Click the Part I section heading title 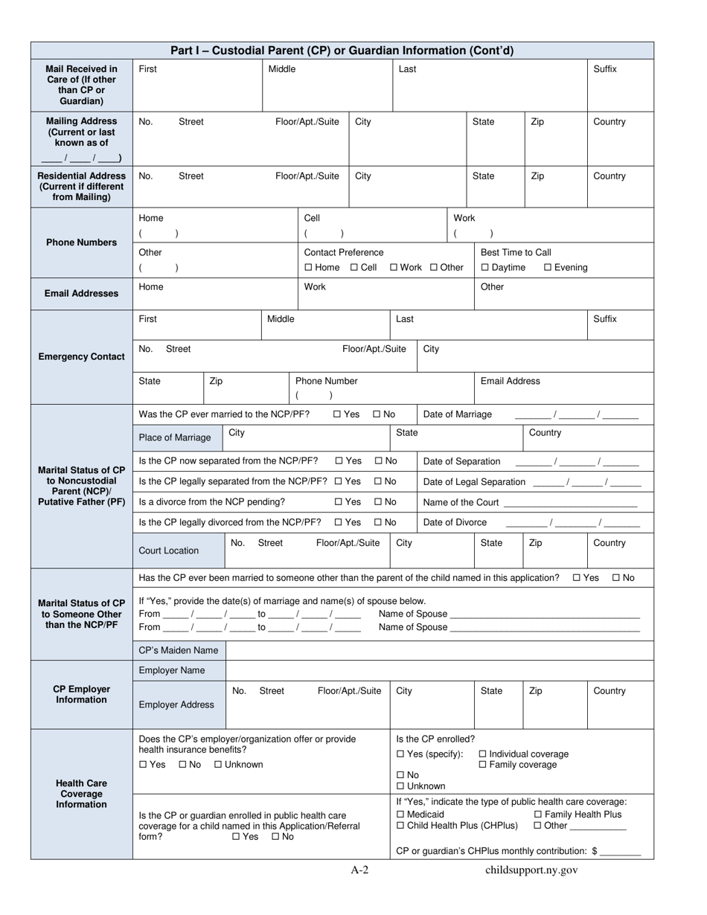342,51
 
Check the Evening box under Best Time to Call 548,268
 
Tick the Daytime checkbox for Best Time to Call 485,268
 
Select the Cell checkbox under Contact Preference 354,268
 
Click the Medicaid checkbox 401,815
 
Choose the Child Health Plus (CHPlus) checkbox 401,826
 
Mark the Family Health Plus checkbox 538,815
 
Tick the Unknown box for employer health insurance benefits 218,765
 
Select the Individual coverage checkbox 482,754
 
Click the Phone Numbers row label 81,243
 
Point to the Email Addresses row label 81,293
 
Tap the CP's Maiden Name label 179,650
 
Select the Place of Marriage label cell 175,437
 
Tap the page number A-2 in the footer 360,870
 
